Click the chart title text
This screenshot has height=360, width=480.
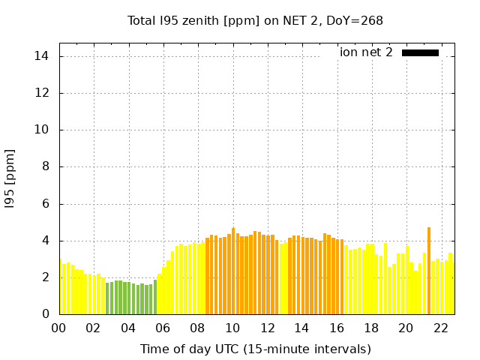pos(255,20)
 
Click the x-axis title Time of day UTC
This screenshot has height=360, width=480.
pos(255,349)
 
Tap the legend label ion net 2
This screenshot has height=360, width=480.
pos(366,52)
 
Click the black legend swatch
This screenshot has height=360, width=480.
pos(420,52)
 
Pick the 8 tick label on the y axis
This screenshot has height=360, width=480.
pos(45,166)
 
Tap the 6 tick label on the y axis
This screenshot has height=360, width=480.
pos(45,203)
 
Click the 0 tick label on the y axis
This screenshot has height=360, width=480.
pos(45,314)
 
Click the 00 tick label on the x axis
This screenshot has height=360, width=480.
pos(58,328)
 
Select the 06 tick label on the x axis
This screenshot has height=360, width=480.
pos(163,328)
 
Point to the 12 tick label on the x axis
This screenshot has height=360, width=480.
pos(267,328)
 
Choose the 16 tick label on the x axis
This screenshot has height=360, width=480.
pos(336,328)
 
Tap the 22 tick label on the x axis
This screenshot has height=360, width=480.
pos(440,328)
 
